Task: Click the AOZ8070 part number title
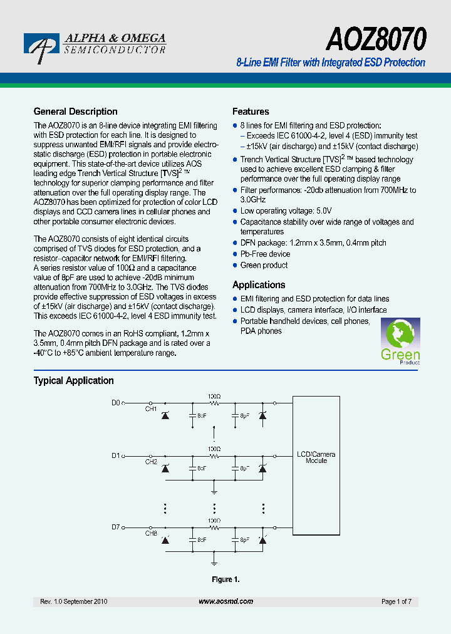(376, 39)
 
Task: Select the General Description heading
(75, 112)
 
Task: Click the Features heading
(251, 112)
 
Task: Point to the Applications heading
(259, 284)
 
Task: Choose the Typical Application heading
(73, 380)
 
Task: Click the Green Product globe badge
(400, 341)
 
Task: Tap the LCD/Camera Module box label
(316, 457)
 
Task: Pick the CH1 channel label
(151, 409)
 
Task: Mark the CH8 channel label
(151, 533)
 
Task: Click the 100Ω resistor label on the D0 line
(214, 396)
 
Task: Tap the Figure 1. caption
(225, 579)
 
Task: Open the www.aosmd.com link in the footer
(225, 601)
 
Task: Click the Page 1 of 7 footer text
(396, 601)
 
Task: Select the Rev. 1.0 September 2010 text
(74, 601)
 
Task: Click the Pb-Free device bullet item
(265, 254)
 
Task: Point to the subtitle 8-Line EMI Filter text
(330, 63)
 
